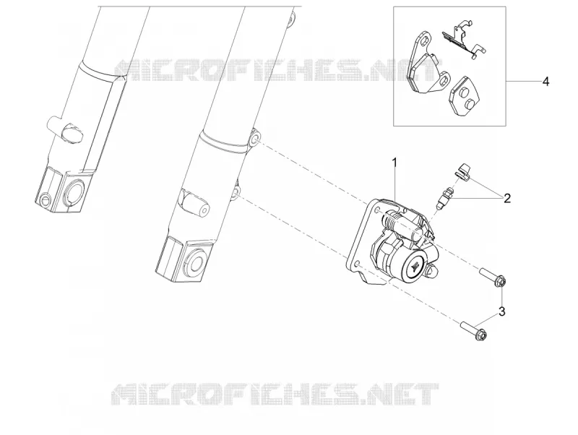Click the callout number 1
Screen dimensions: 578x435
394,162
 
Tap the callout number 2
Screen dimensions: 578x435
507,199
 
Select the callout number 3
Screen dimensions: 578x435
501,311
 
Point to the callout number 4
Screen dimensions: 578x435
546,82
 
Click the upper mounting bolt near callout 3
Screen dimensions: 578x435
493,277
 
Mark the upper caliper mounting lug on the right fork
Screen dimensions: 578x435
254,139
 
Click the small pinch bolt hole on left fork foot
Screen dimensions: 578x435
46,199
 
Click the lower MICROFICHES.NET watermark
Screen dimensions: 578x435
275,394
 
